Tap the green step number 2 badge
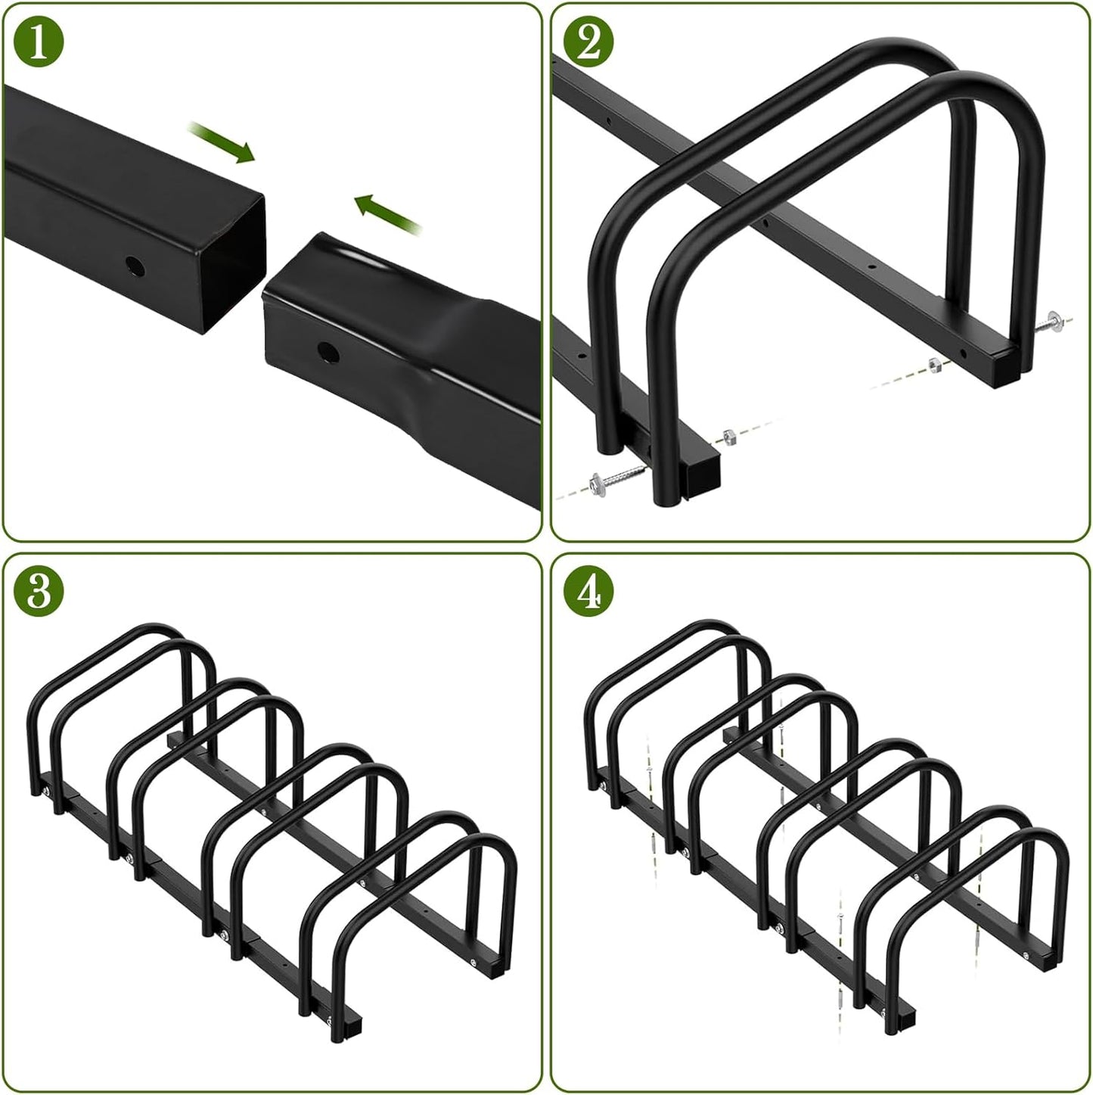[588, 42]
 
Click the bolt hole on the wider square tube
[135, 266]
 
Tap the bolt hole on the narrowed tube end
[327, 352]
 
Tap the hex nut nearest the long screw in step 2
[730, 434]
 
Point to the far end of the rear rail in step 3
[172, 737]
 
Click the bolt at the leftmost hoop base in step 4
[604, 790]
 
